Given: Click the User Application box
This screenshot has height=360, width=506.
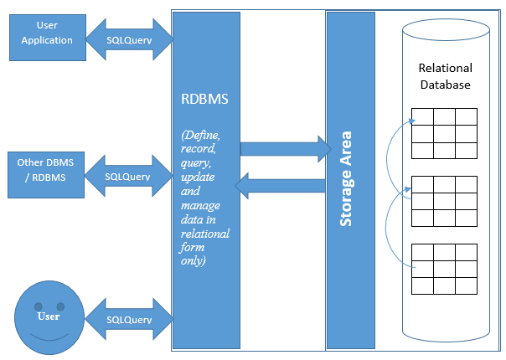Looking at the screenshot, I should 46,34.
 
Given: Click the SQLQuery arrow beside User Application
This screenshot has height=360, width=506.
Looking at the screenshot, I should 129,39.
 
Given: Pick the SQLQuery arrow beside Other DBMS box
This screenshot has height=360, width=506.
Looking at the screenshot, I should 128,177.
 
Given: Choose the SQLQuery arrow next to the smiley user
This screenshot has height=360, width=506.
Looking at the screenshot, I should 129,320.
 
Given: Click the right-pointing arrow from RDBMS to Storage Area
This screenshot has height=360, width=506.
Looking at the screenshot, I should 285,148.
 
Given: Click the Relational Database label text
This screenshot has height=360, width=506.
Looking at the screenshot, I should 445,76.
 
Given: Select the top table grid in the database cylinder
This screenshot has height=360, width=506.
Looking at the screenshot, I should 444,133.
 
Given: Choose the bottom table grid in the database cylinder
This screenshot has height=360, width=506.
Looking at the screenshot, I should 444,269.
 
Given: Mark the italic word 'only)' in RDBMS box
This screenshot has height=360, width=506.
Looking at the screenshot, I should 196,260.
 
